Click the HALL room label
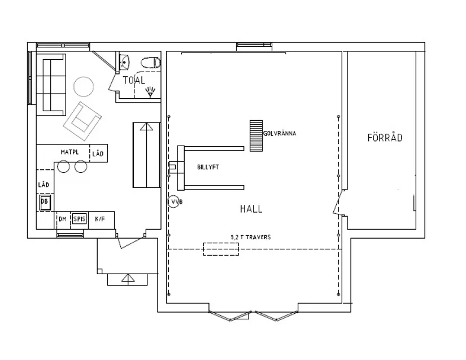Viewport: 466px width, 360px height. pos(251,209)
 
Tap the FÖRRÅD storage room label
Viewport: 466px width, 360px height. pos(385,138)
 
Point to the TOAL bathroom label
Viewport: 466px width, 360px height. pos(134,80)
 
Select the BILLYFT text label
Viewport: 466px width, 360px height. pos(208,168)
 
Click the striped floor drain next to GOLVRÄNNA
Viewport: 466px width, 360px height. pos(256,135)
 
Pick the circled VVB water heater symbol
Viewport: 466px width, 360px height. pos(173,202)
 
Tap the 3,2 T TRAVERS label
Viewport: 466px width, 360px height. pos(251,237)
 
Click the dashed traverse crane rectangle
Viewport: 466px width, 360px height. pos(221,249)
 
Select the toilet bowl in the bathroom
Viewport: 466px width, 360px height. pos(151,63)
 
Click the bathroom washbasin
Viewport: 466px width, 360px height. pos(124,62)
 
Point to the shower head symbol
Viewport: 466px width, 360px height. pos(150,92)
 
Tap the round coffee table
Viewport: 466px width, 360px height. pos(84,87)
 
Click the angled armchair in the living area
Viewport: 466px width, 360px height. pos(82,121)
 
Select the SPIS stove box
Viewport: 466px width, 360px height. pos(79,219)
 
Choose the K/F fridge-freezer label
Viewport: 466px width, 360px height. pos(100,219)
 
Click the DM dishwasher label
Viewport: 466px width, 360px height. pos(62,219)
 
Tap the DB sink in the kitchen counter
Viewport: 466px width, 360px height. pos(45,202)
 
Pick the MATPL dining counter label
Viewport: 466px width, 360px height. pos(70,152)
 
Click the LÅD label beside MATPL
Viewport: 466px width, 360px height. pos(98,153)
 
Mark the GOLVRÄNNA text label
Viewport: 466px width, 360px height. pos(280,134)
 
